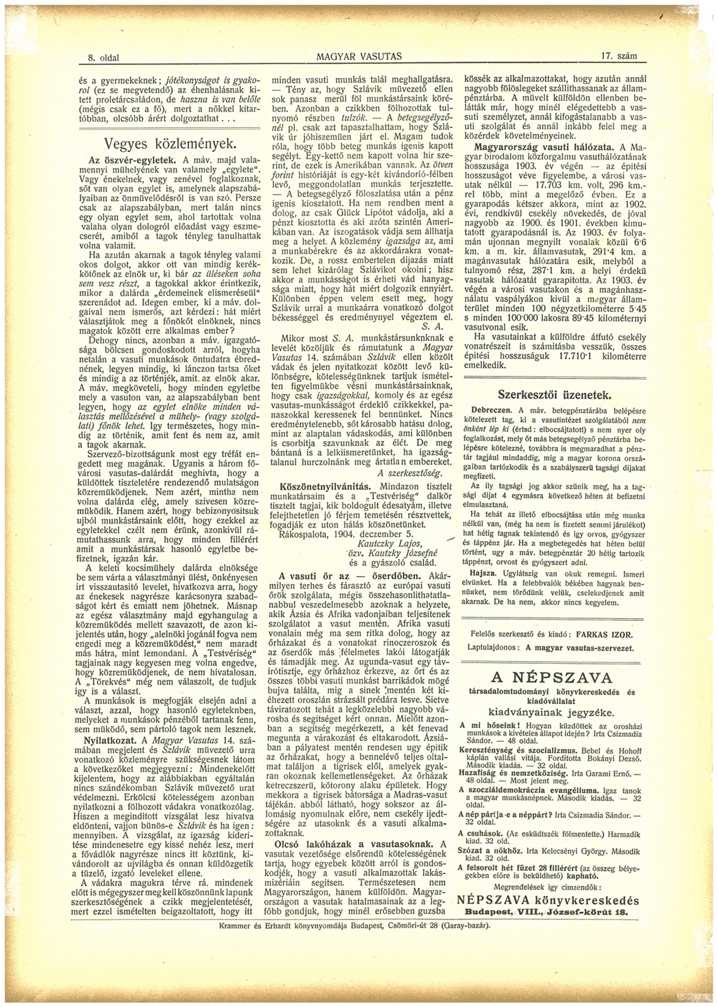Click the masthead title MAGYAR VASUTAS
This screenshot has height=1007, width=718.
click(x=359, y=56)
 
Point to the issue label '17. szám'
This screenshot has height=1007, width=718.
click(x=619, y=56)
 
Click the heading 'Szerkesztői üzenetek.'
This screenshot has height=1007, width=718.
click(x=555, y=395)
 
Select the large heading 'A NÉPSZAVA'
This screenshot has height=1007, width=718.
click(x=551, y=678)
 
